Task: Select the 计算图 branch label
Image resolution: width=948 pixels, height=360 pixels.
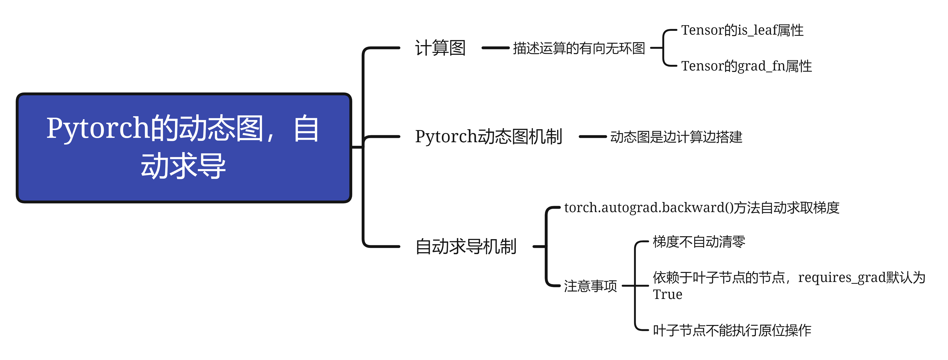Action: pos(440,48)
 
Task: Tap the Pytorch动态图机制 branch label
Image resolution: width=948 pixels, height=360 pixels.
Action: pos(488,137)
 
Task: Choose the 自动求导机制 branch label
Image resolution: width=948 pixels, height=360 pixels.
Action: pos(466,247)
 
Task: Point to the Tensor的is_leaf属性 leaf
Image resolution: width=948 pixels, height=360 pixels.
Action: pos(742,30)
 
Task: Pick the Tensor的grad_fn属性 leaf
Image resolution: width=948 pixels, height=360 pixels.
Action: pos(746,66)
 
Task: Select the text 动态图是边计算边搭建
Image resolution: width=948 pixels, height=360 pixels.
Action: pos(676,137)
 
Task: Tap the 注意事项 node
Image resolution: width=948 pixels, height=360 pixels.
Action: pos(590,286)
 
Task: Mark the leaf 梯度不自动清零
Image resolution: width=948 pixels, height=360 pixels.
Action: pos(699,242)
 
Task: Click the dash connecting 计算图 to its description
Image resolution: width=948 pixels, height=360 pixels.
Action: pos(495,48)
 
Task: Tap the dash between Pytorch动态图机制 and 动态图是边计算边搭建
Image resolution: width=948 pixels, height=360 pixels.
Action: pos(592,137)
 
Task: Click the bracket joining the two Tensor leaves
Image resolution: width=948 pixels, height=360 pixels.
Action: pos(664,48)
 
